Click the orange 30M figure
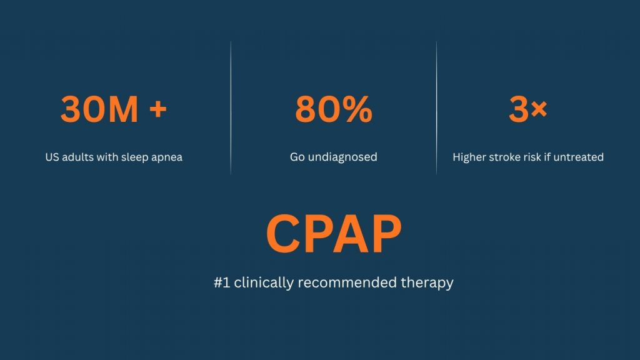99,109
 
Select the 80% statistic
333,109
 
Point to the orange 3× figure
527,109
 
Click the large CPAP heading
333,233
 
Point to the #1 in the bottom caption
221,282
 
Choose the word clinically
263,282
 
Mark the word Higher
471,157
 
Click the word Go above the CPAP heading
297,157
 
